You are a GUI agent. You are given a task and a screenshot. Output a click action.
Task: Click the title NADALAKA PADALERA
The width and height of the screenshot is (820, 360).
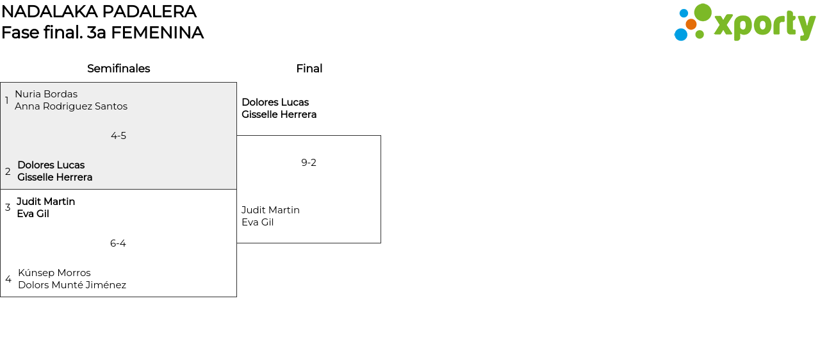click(x=99, y=12)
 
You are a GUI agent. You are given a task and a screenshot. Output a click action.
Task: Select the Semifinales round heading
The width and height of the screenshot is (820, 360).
click(x=119, y=69)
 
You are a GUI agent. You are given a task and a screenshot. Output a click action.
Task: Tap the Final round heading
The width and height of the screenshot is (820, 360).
click(x=309, y=69)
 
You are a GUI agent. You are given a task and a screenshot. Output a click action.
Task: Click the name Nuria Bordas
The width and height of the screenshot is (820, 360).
click(x=46, y=94)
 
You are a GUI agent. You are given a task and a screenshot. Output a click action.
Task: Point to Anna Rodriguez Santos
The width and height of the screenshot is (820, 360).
click(x=71, y=106)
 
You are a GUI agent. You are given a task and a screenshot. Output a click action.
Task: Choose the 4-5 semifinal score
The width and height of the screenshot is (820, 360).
click(x=119, y=136)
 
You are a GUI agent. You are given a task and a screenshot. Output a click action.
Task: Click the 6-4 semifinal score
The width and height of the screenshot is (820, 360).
click(x=118, y=243)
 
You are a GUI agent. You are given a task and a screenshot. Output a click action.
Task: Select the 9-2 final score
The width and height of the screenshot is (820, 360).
click(x=309, y=163)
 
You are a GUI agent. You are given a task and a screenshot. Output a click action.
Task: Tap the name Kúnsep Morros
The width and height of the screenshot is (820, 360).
click(x=54, y=273)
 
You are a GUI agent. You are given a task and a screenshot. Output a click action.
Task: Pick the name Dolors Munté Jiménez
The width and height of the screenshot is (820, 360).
click(x=72, y=285)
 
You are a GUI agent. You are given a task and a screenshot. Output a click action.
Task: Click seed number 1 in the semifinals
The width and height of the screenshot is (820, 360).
click(x=7, y=101)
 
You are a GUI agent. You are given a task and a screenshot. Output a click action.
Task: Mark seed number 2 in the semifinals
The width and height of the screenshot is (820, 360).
click(x=8, y=172)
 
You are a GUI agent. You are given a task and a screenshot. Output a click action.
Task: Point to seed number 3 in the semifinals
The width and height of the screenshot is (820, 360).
click(x=8, y=208)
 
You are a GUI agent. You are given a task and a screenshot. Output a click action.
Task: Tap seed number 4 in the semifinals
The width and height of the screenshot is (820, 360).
click(x=8, y=279)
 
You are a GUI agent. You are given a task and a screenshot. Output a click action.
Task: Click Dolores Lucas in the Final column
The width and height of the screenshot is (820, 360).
click(x=275, y=102)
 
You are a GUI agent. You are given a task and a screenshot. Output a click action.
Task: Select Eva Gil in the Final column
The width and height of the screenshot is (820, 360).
click(x=258, y=222)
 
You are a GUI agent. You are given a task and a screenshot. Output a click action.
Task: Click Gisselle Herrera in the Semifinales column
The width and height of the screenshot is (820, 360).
click(x=54, y=177)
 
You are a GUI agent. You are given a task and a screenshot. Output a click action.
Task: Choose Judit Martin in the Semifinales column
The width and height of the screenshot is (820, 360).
click(x=45, y=202)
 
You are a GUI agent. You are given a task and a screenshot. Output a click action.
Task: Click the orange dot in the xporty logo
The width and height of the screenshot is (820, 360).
click(x=691, y=24)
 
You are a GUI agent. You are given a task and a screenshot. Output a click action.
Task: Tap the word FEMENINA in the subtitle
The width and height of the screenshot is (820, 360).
click(x=157, y=33)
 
